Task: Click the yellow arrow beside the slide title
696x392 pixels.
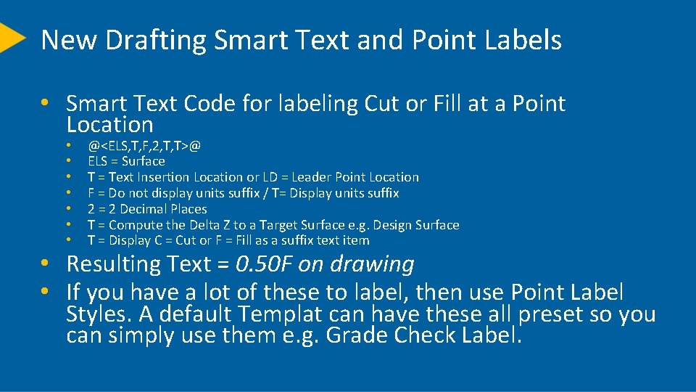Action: tap(10, 37)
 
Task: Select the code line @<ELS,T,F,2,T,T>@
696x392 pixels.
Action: tap(144, 145)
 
